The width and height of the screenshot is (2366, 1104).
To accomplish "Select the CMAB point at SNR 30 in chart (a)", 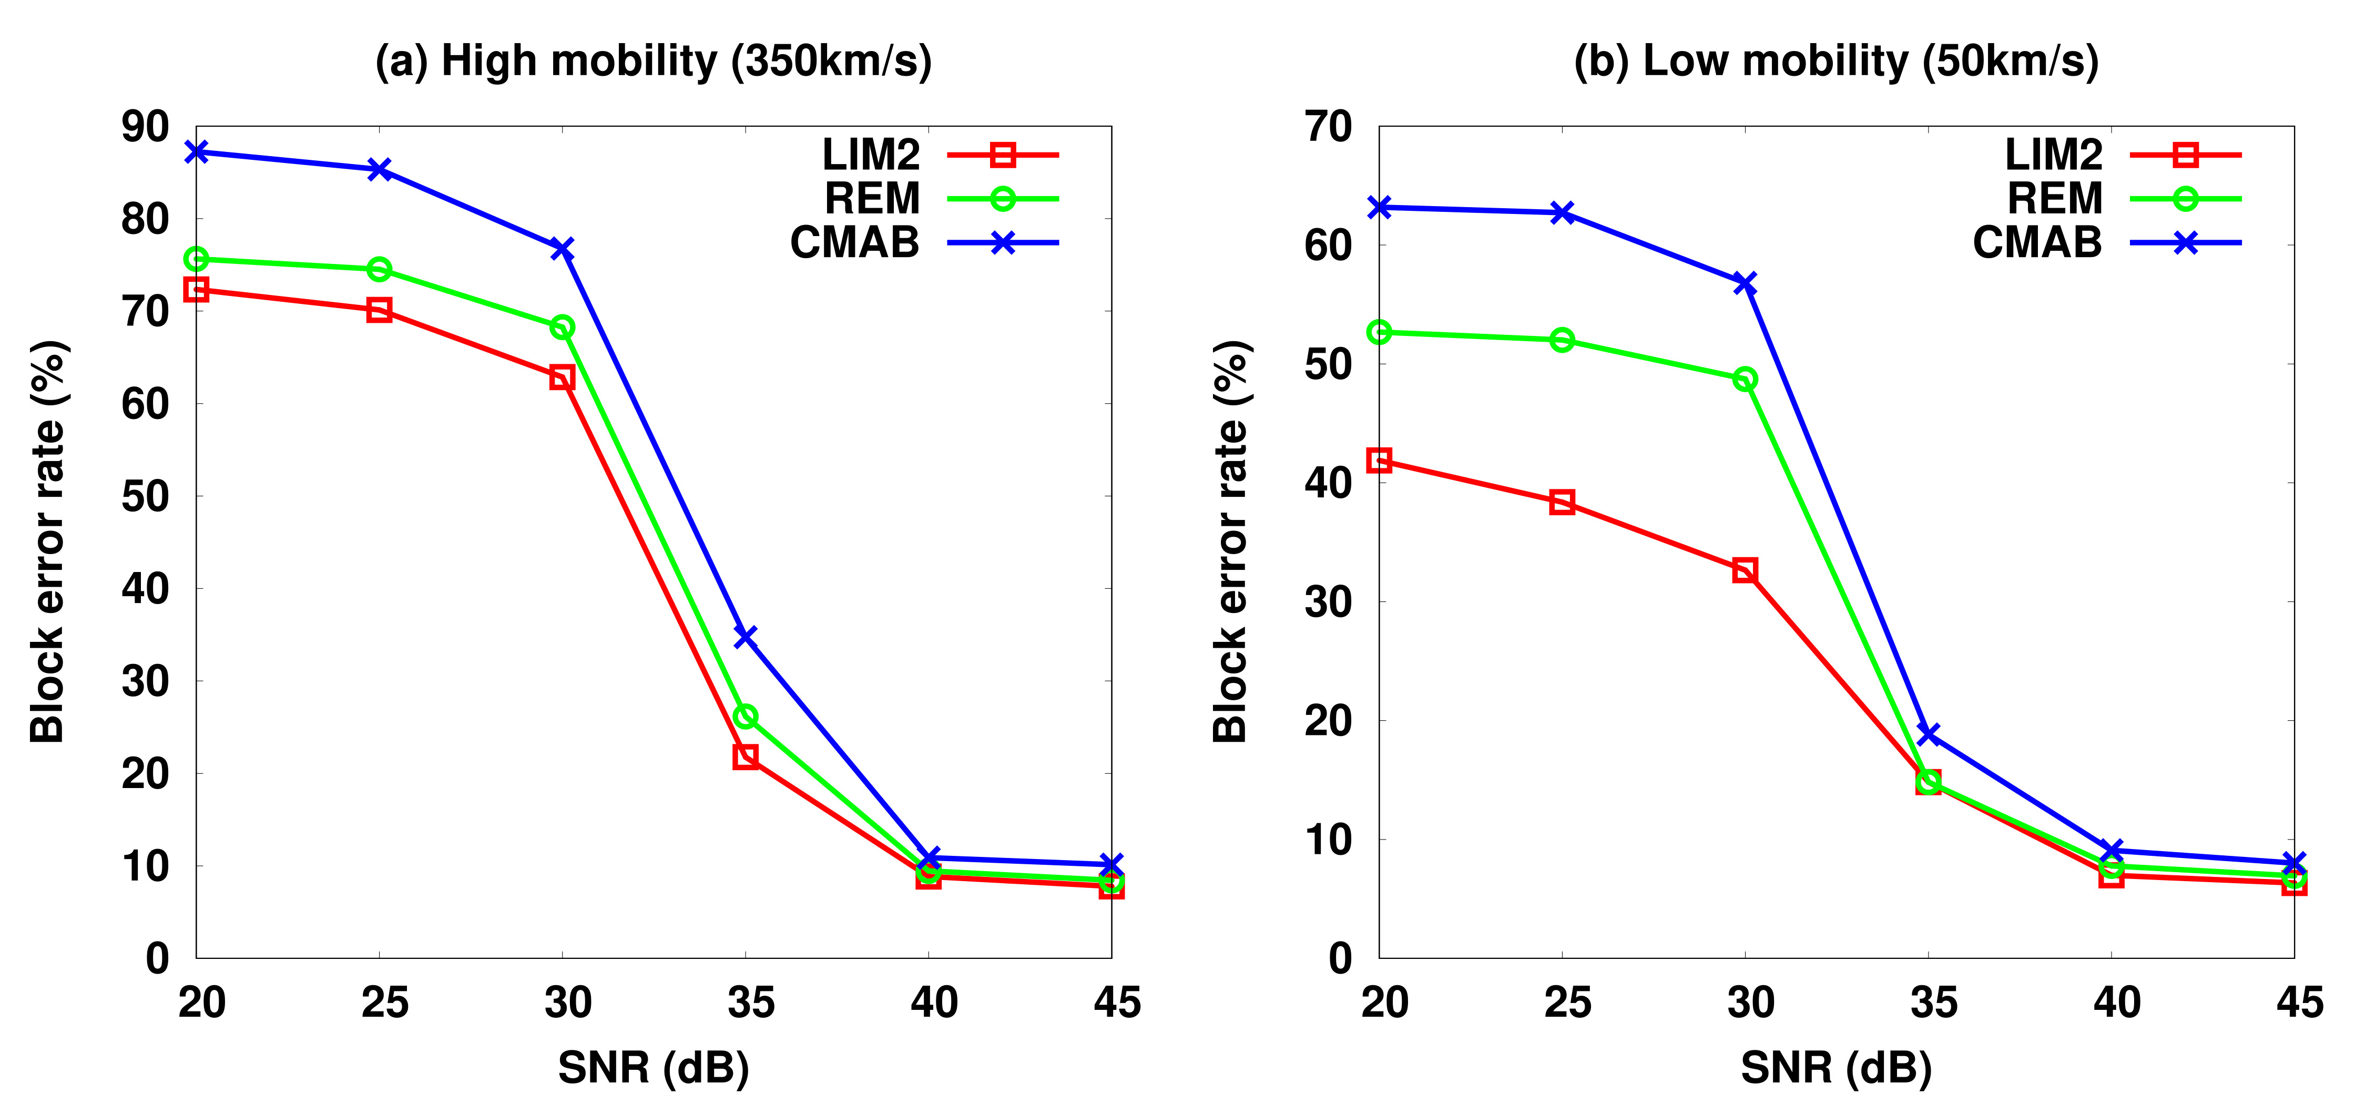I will [x=562, y=249].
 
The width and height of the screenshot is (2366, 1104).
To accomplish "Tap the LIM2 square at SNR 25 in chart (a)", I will [x=379, y=311].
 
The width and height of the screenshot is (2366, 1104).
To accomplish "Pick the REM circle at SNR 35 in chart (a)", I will [x=745, y=717].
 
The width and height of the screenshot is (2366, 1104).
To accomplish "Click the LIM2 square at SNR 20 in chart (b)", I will [x=1379, y=460].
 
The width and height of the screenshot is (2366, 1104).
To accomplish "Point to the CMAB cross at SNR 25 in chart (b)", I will [x=1562, y=213].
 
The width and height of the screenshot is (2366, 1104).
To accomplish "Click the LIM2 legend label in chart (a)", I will [x=870, y=155].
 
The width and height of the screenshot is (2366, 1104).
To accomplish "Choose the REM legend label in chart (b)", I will [x=2055, y=198].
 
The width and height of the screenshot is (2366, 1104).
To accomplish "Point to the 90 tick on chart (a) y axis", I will [x=145, y=127].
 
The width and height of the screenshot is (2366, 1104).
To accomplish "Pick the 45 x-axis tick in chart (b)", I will [x=2299, y=1002].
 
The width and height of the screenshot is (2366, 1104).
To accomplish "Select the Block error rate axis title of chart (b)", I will [x=1231, y=542].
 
